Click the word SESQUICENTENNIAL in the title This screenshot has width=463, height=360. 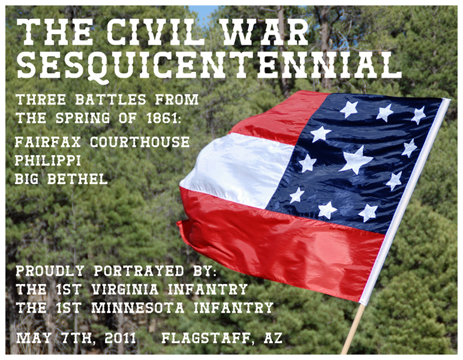pyautogui.click(x=209, y=66)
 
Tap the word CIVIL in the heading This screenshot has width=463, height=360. pyautogui.click(x=155, y=32)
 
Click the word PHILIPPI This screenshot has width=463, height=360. pyautogui.click(x=48, y=160)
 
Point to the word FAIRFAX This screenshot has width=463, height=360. pyautogui.click(x=48, y=142)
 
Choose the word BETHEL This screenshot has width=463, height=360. pyautogui.click(x=77, y=179)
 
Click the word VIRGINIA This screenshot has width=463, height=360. pyautogui.click(x=125, y=289)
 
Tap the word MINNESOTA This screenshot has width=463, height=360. pyautogui.click(x=137, y=308)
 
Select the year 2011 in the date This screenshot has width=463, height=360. pyautogui.click(x=120, y=338)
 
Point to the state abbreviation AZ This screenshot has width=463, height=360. pyautogui.click(x=273, y=338)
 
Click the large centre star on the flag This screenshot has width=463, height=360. pyautogui.click(x=356, y=160)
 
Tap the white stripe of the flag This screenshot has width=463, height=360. pyautogui.click(x=236, y=169)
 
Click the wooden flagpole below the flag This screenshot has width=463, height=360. pyautogui.click(x=353, y=328)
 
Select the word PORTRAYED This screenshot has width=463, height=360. pyautogui.click(x=139, y=271)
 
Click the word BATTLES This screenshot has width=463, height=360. pyautogui.click(x=110, y=100)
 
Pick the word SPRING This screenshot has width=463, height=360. pyautogui.click(x=82, y=118)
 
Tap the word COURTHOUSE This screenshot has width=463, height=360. pyautogui.click(x=140, y=142)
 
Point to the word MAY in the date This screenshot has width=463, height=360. pyautogui.click(x=34, y=338)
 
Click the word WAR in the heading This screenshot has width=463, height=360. pyautogui.click(x=264, y=32)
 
